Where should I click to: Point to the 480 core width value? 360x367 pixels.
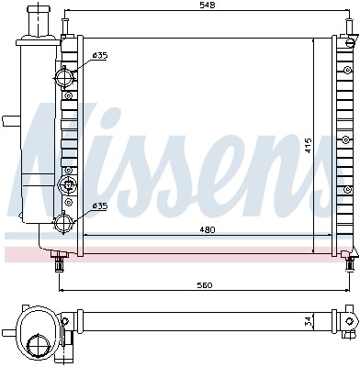[209, 228]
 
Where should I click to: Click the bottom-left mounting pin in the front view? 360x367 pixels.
[60, 262]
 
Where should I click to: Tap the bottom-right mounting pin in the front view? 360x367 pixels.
[349, 262]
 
